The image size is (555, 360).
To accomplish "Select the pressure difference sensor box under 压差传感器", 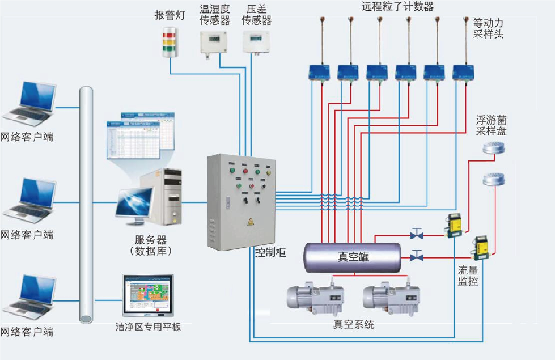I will pyautogui.click(x=256, y=41).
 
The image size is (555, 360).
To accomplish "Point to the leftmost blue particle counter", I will pyautogui.click(x=320, y=71).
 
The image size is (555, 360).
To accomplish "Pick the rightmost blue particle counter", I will pyautogui.click(x=464, y=71).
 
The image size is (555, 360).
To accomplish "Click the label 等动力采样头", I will pyautogui.click(x=488, y=29).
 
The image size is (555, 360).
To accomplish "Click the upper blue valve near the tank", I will pyautogui.click(x=417, y=234).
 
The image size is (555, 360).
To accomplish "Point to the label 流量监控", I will pyautogui.click(x=469, y=275).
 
